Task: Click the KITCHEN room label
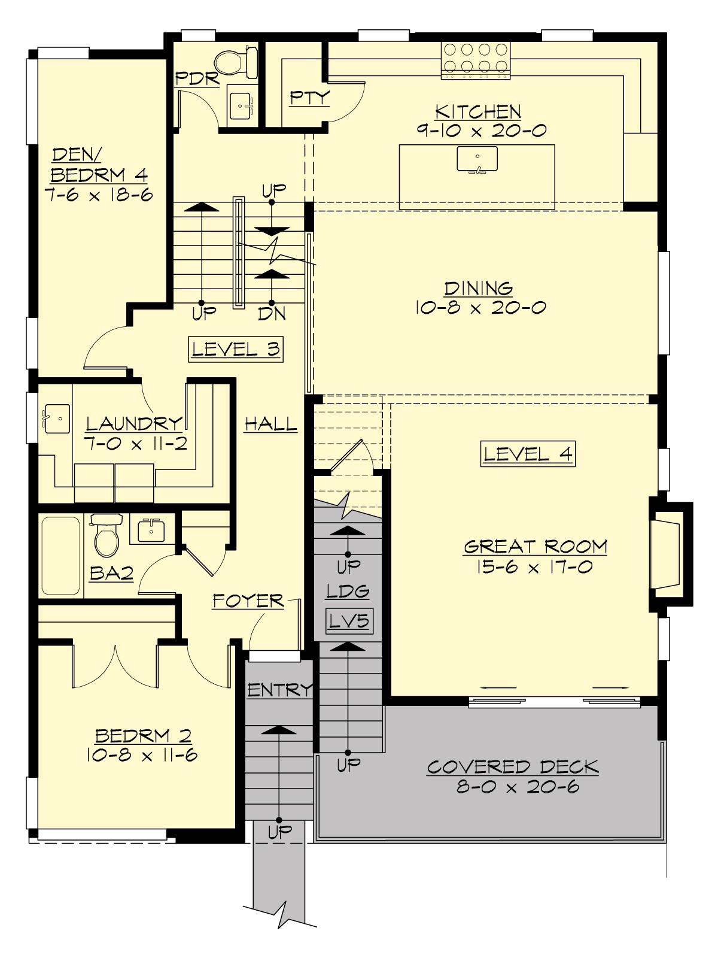(477, 112)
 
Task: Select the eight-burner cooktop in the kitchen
(476, 60)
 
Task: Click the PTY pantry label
(309, 98)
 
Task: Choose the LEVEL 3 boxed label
(236, 350)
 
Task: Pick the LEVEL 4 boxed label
(528, 454)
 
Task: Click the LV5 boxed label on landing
(349, 621)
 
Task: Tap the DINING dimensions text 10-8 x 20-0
(479, 308)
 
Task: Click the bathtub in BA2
(60, 556)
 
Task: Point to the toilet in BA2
(107, 536)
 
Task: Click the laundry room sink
(57, 418)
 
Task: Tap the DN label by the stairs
(272, 313)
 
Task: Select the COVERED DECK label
(512, 767)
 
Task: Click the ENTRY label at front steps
(279, 690)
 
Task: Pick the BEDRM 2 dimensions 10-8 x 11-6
(142, 755)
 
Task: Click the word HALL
(270, 425)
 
